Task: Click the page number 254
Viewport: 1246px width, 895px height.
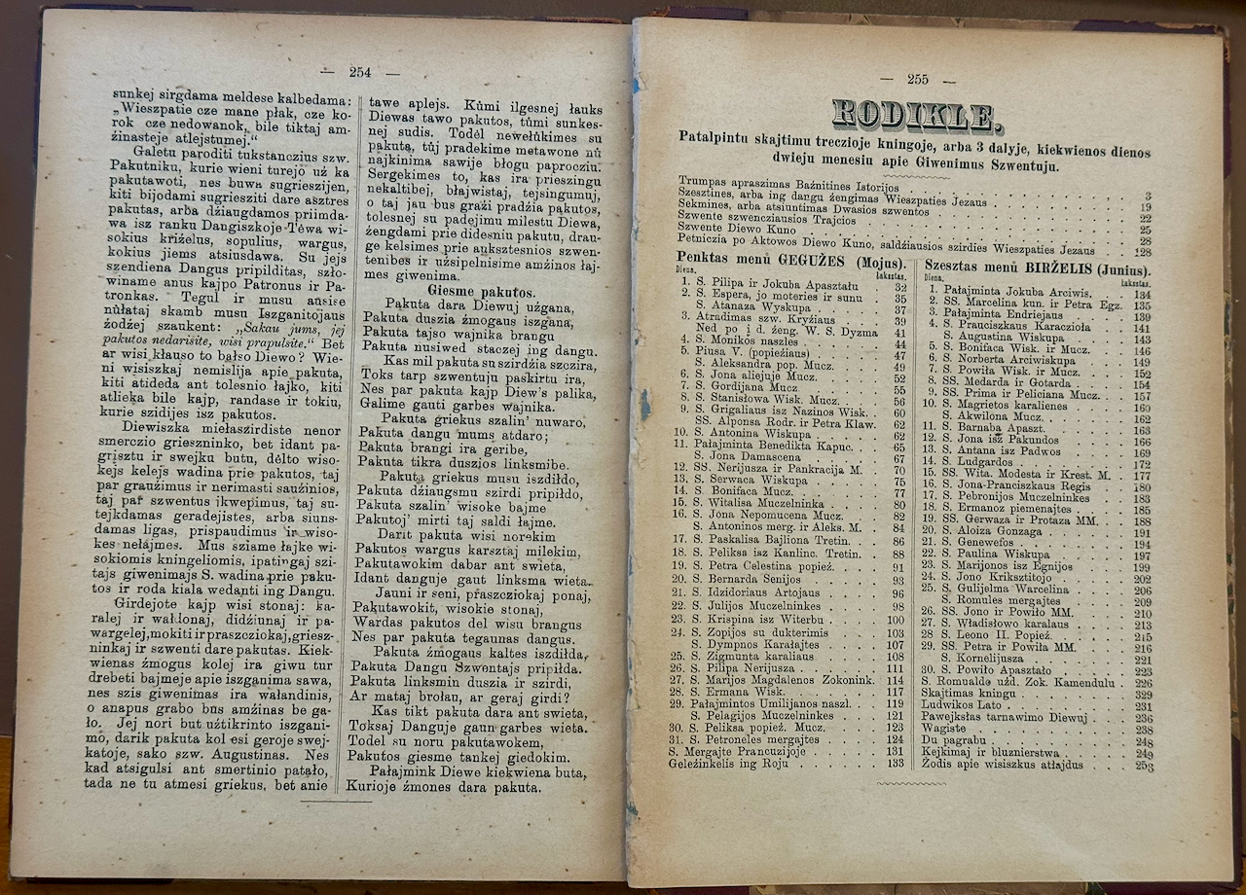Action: coord(361,72)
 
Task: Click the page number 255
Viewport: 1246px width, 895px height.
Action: coord(917,80)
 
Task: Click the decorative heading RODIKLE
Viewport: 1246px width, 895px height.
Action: coord(915,115)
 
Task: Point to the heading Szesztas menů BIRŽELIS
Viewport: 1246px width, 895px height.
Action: coord(1035,269)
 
